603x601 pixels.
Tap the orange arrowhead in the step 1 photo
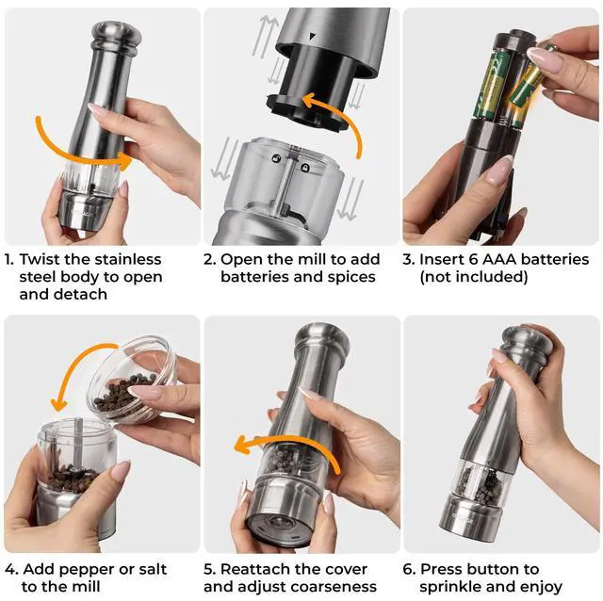[x=125, y=160]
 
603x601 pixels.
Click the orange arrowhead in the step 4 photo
[x=58, y=404]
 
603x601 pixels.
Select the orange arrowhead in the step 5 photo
[x=243, y=445]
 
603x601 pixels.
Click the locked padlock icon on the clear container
[x=305, y=168]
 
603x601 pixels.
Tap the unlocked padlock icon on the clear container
[x=276, y=158]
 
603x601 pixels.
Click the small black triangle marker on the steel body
[x=312, y=37]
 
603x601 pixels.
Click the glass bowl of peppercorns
[x=132, y=379]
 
